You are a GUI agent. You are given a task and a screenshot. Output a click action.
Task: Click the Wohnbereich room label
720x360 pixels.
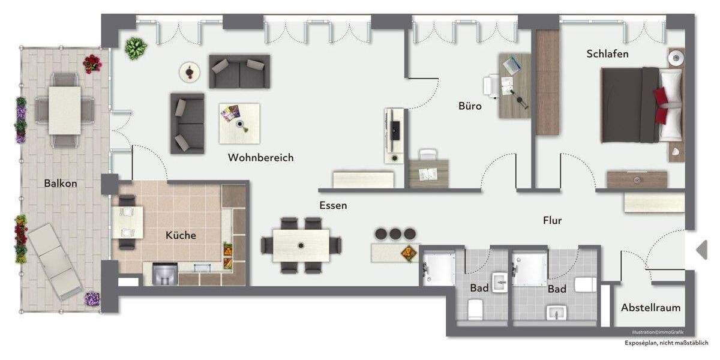click(260, 158)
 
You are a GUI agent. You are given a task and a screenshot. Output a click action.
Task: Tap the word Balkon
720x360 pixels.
click(61, 184)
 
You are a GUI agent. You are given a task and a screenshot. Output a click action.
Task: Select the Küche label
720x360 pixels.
click(181, 235)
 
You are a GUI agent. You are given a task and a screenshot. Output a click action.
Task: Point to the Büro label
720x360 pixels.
click(470, 106)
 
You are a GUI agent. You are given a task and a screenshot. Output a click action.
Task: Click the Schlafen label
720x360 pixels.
click(607, 54)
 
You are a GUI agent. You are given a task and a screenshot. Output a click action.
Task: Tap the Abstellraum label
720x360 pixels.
click(650, 308)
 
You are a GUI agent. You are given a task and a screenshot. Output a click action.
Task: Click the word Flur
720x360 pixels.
click(552, 221)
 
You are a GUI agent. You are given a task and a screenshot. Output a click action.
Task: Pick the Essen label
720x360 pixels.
click(333, 205)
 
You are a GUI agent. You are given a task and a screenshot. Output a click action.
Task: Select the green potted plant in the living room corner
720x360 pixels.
click(136, 48)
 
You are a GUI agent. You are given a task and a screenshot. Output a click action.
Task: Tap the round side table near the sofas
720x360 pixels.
click(190, 73)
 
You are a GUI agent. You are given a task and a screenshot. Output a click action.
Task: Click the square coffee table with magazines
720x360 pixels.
click(239, 123)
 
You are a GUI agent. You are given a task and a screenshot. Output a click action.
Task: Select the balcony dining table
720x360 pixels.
click(64, 110)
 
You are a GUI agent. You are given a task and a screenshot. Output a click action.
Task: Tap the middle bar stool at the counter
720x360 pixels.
click(395, 233)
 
